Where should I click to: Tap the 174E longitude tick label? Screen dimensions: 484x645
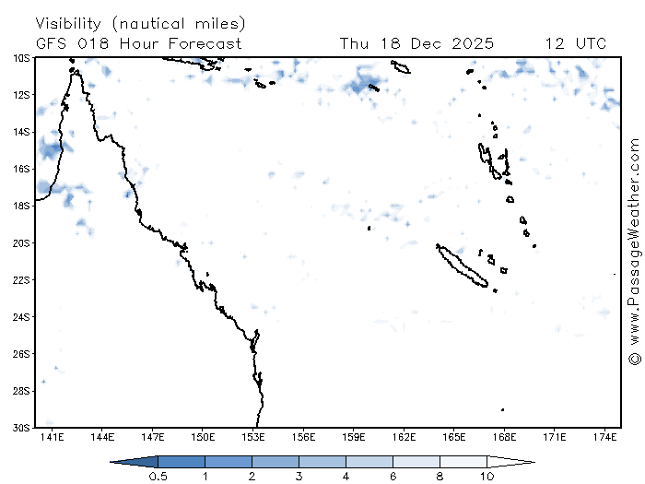pos(605,436)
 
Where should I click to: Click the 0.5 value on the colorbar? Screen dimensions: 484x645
pos(158,476)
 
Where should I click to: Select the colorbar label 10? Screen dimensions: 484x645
pos(487,476)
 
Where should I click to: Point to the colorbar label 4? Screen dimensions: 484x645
pos(346,476)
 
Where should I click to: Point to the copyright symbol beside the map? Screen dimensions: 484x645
pos(634,358)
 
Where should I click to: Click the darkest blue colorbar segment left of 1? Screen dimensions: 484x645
pos(181,460)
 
